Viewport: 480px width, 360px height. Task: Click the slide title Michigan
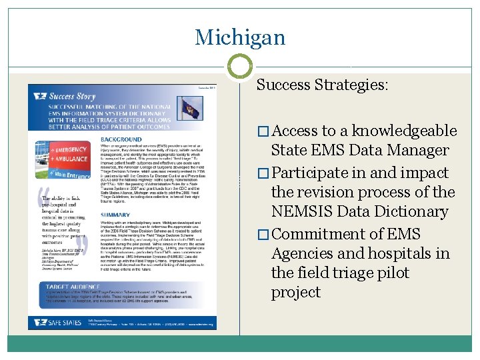pos(239,37)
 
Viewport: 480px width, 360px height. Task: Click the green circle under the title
pos(240,67)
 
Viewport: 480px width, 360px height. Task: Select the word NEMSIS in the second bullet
pos(301,211)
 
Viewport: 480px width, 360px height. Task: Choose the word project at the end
pos(296,293)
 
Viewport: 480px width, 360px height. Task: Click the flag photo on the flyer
pos(189,108)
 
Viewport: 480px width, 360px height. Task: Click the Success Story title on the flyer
pos(74,96)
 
